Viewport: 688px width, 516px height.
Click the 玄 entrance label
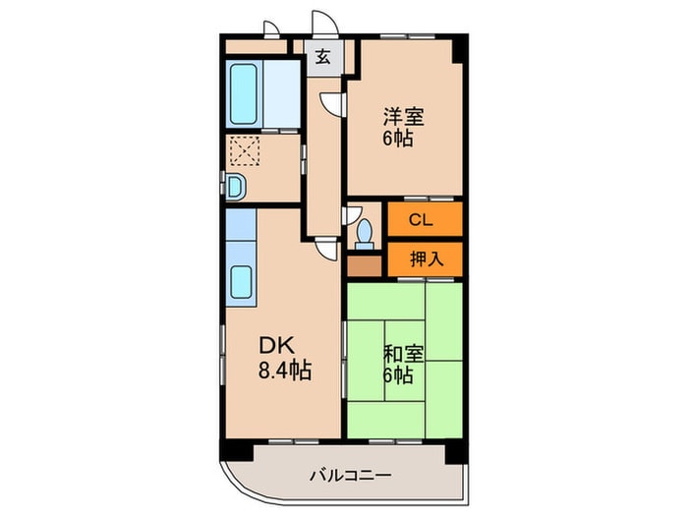click(x=322, y=57)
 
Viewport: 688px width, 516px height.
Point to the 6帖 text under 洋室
click(x=398, y=139)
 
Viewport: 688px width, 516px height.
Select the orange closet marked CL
click(x=422, y=220)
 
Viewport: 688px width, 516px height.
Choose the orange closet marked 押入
click(x=423, y=259)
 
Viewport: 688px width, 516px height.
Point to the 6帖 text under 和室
click(x=398, y=374)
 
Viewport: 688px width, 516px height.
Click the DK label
click(x=274, y=347)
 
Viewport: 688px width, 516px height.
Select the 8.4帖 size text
click(x=285, y=372)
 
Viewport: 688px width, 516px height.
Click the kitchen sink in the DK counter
click(x=242, y=283)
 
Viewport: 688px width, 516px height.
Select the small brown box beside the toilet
click(x=362, y=264)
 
